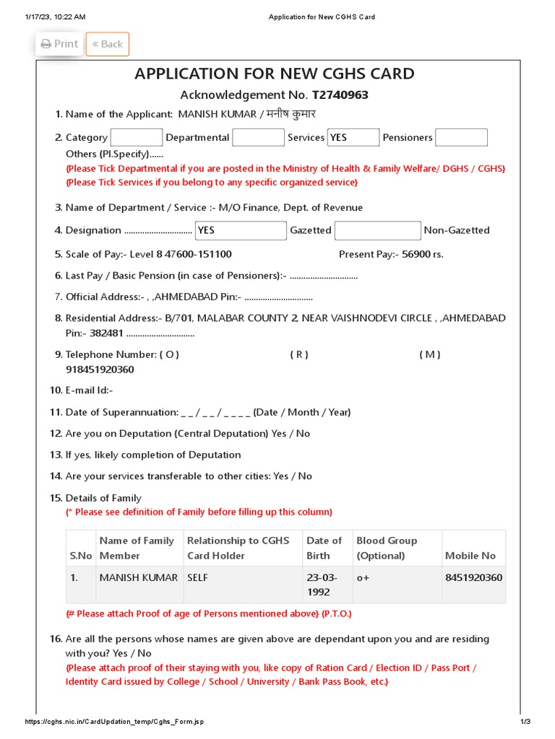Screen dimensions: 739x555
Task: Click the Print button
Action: coord(59,44)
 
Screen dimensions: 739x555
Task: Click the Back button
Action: coord(108,44)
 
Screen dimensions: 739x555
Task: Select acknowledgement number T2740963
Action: coord(340,95)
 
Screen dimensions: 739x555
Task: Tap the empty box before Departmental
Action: coord(136,137)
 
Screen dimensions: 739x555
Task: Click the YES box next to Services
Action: coord(353,137)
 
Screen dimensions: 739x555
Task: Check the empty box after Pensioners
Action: coord(461,137)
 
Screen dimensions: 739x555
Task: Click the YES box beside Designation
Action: coord(241,230)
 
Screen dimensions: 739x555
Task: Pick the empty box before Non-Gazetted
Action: coord(377,230)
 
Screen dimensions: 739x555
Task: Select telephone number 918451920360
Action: coord(100,369)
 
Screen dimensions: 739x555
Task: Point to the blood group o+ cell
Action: coord(363,578)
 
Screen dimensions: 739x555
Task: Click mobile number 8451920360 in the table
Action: coord(474,577)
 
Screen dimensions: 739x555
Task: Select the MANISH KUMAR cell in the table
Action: coord(138,578)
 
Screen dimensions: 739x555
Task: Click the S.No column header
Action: coord(81,556)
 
